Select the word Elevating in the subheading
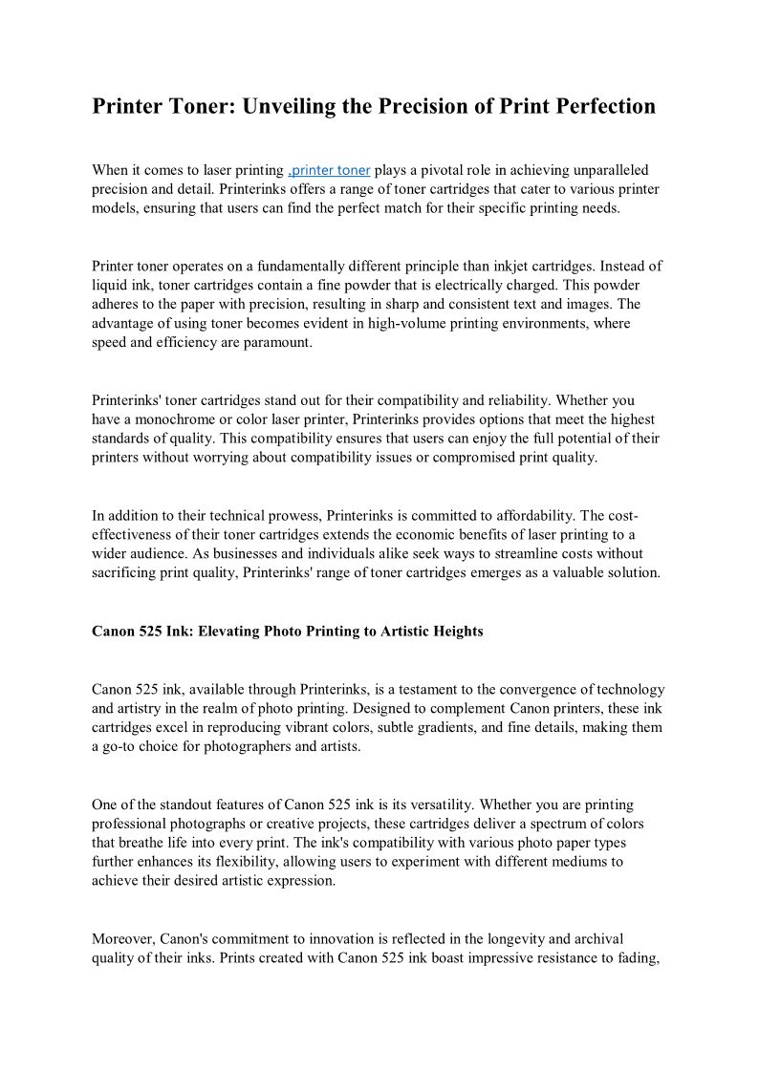(x=229, y=632)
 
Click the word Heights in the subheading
(x=456, y=632)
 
